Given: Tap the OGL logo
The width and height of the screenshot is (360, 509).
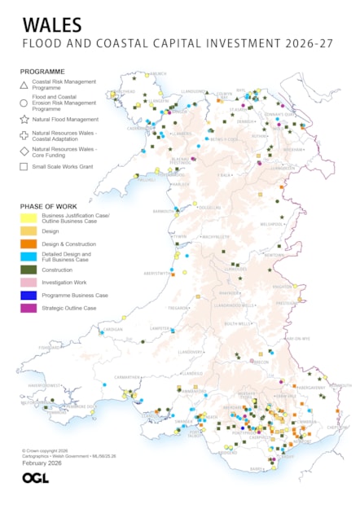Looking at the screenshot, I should click(35, 478).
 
